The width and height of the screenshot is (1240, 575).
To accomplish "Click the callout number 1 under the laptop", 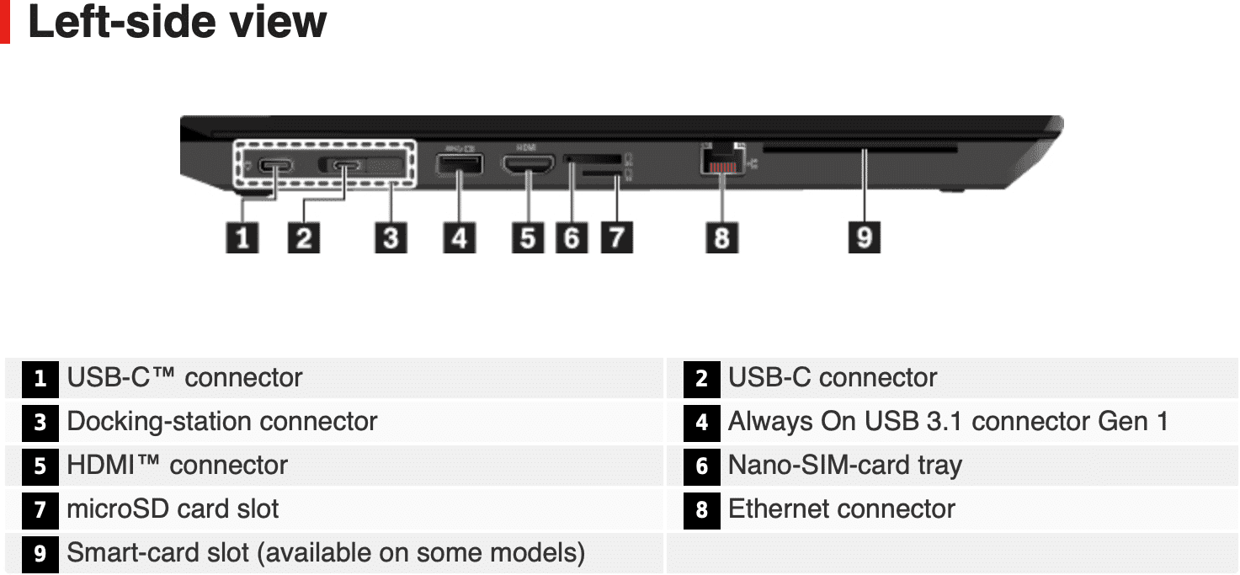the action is pyautogui.click(x=242, y=237).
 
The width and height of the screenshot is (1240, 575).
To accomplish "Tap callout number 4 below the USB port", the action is pyautogui.click(x=460, y=237).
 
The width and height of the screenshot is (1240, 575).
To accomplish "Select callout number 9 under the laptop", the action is pyautogui.click(x=864, y=237).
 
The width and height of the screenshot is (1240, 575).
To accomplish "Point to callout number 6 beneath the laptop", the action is pyautogui.click(x=572, y=237).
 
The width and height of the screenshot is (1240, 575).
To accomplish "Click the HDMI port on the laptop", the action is pyautogui.click(x=528, y=164).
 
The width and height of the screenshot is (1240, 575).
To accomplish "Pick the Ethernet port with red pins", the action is pyautogui.click(x=722, y=162).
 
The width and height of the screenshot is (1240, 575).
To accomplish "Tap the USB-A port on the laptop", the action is pyautogui.click(x=460, y=164).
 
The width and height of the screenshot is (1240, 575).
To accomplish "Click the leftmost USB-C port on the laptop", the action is pyautogui.click(x=275, y=166).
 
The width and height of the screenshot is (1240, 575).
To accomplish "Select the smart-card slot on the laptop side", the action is pyautogui.click(x=859, y=148).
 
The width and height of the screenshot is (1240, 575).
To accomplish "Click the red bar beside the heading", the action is pyautogui.click(x=5, y=22).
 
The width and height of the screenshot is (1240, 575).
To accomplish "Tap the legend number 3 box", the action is pyautogui.click(x=40, y=423).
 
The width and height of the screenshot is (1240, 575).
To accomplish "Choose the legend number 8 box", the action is pyautogui.click(x=702, y=510).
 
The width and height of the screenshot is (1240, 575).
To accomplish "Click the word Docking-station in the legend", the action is pyautogui.click(x=161, y=422).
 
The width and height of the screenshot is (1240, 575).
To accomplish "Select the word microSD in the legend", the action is pyautogui.click(x=118, y=508).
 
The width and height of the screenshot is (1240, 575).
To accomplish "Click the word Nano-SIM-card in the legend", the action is pyautogui.click(x=819, y=465).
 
